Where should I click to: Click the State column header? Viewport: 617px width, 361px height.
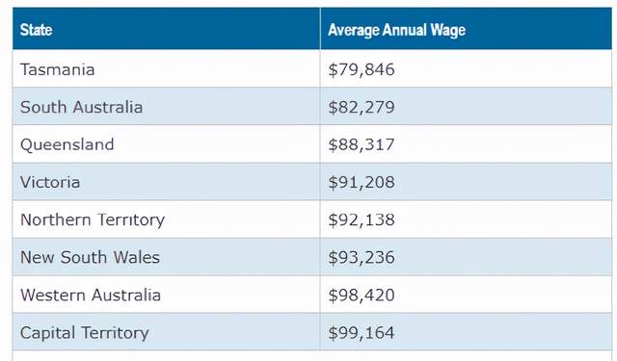point(36,30)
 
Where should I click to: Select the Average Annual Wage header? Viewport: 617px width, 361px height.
point(396,30)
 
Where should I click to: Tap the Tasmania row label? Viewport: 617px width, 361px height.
point(58,69)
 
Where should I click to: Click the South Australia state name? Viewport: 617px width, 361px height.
point(81,107)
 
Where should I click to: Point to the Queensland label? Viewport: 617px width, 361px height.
point(67,144)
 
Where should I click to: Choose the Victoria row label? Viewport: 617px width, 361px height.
point(50,182)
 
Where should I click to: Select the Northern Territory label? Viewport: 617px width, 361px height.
point(93,220)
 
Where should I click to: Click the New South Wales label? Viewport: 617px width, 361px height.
point(90,257)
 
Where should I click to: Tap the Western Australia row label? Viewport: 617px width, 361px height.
point(91,295)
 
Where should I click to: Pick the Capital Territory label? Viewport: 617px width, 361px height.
point(85,333)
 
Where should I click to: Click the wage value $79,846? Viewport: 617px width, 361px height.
point(362,70)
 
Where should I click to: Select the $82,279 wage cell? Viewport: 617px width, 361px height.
point(362,107)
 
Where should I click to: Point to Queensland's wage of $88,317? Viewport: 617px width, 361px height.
point(362,145)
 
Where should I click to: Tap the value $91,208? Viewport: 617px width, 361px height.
point(362,182)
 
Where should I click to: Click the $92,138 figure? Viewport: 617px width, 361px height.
point(362,220)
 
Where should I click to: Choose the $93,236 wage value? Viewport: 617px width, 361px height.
point(362,258)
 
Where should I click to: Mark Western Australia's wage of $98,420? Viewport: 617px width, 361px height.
point(362,296)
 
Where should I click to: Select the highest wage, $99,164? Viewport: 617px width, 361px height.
point(362,333)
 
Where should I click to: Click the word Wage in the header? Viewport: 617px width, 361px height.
point(447,31)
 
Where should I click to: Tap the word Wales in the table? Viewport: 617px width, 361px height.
point(137,257)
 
